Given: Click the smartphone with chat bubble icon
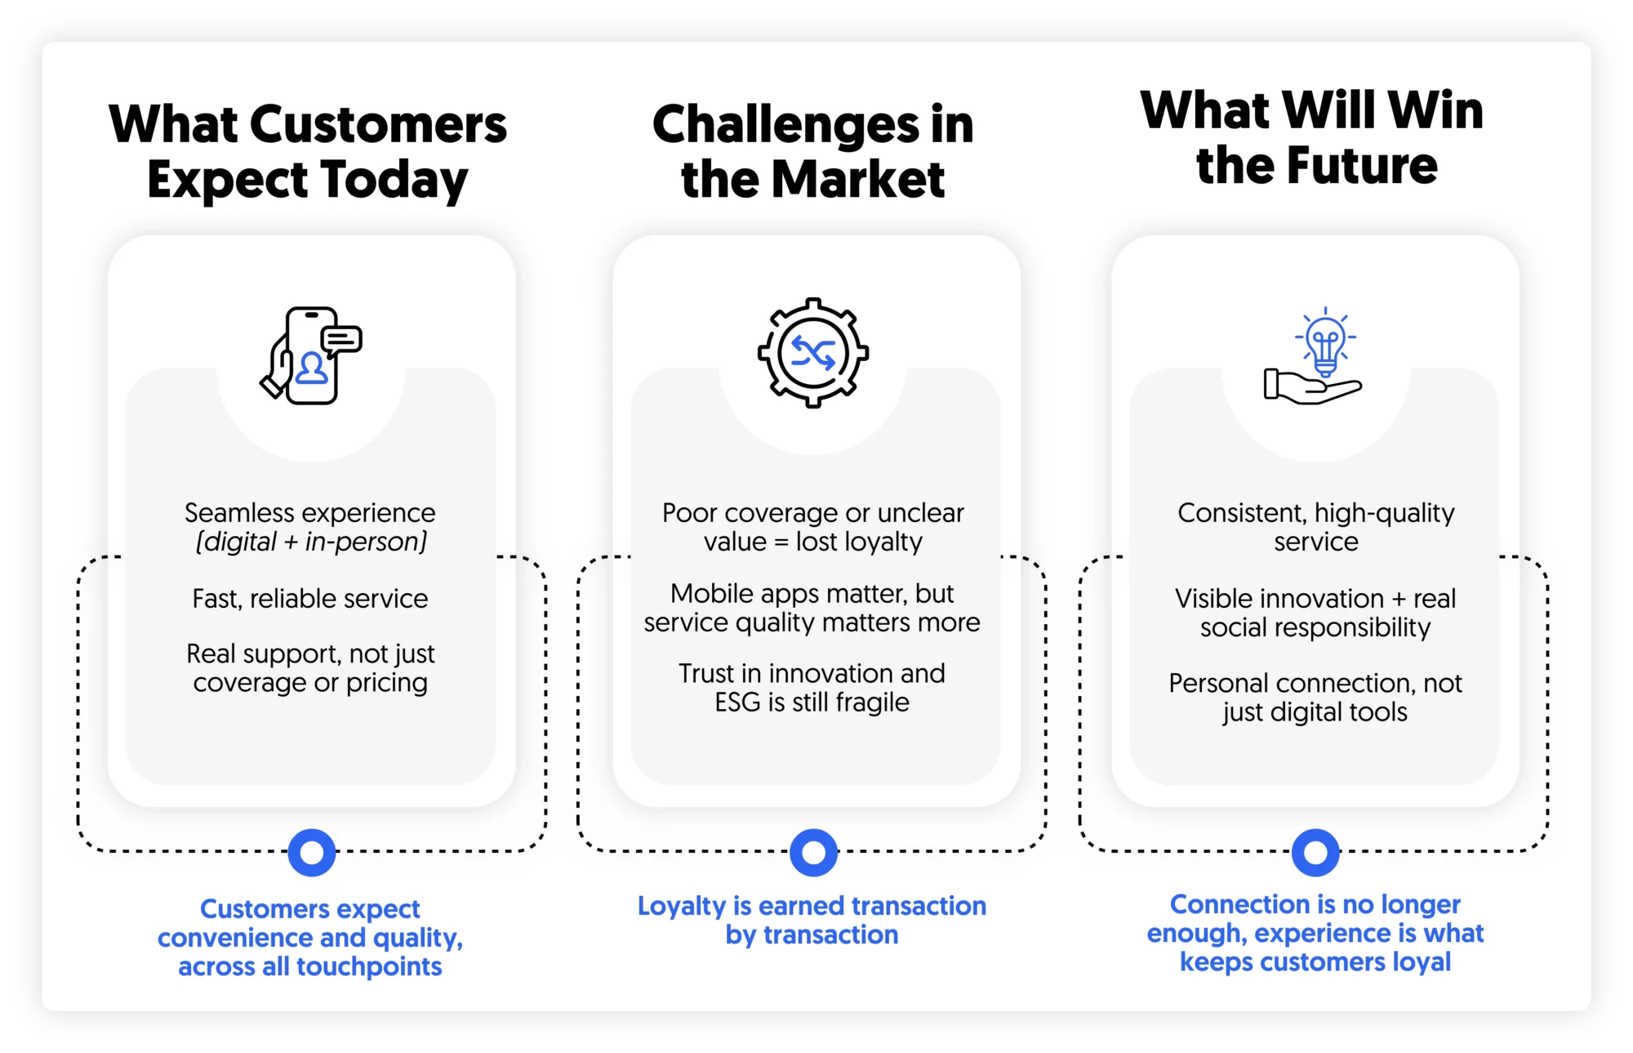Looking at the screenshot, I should click(x=311, y=355).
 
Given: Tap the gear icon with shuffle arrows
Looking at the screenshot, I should click(x=812, y=353).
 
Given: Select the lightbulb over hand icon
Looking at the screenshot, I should click(x=1315, y=356).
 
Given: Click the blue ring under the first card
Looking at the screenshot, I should click(x=312, y=853).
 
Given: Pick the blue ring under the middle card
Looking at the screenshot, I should click(x=813, y=853).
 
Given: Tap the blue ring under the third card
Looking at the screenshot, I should click(x=1315, y=853).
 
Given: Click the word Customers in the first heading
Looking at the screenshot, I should click(x=378, y=125).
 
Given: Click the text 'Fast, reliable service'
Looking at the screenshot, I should click(x=310, y=599).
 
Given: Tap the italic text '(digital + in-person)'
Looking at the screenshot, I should click(x=311, y=542).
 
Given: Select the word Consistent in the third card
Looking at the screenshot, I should click(x=1241, y=513).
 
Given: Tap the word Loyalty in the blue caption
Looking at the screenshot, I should click(x=682, y=906).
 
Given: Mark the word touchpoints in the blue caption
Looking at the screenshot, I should click(x=369, y=966).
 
